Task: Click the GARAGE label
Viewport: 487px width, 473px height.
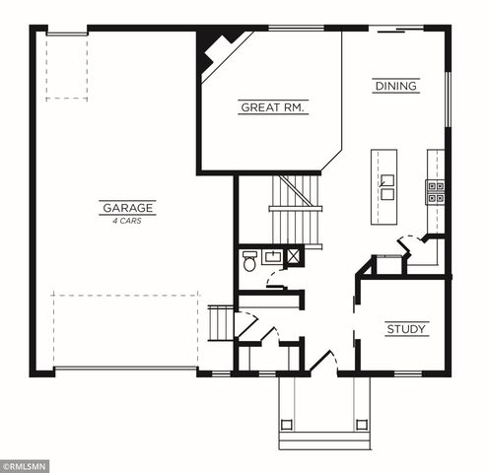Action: coord(127,208)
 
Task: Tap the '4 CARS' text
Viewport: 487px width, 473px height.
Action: coord(127,221)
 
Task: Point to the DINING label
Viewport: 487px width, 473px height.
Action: coord(395,87)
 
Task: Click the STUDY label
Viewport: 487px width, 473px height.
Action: coord(406,329)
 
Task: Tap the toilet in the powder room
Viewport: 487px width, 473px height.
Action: coord(249,262)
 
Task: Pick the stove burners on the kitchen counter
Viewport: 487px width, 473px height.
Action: coord(435,190)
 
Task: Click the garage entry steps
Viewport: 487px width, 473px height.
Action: coord(220,322)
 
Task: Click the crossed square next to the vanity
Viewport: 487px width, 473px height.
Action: coord(294,257)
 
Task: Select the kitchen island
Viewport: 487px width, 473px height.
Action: coord(384,187)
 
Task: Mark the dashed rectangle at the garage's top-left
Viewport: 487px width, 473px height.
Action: coord(66,67)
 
